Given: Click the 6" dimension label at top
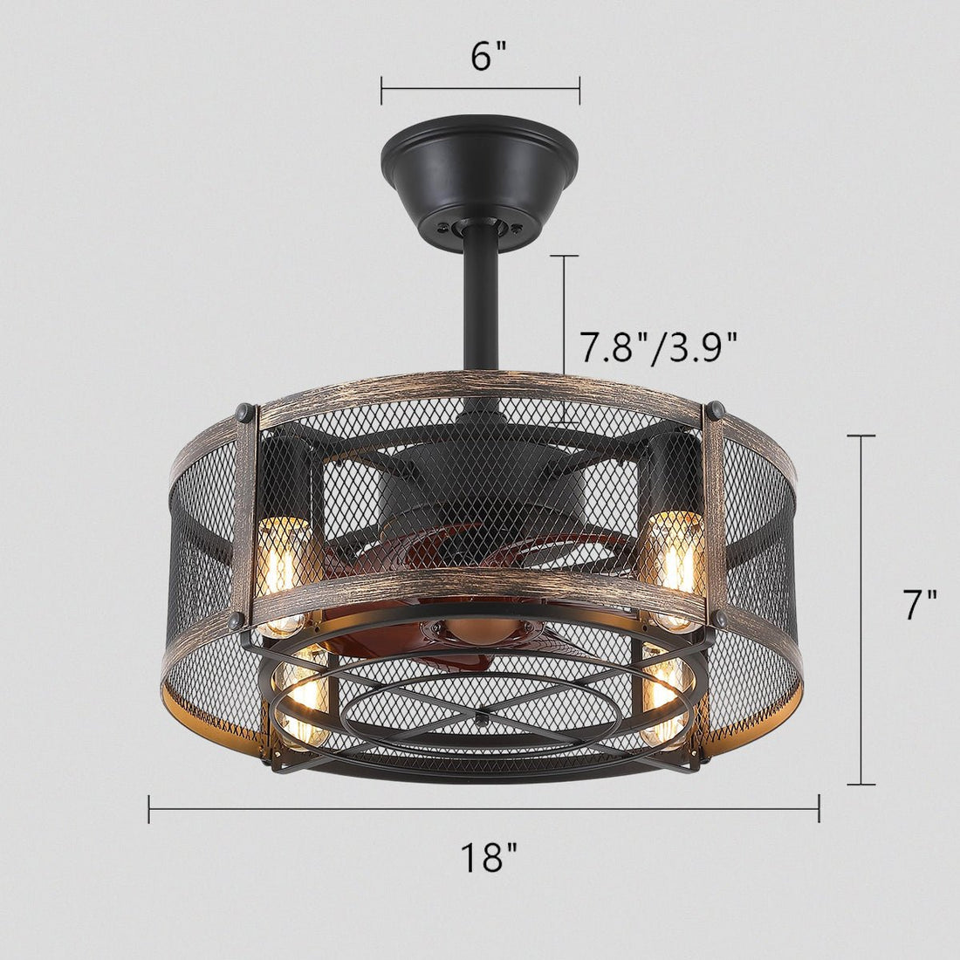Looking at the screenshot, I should (x=488, y=58).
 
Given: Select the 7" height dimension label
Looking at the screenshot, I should (x=918, y=605).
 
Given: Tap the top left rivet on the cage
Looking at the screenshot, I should (x=243, y=409).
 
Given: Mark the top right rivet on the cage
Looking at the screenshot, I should (x=717, y=408).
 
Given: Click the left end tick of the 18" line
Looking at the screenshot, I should (x=149, y=809).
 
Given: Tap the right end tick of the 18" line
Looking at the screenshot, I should (x=819, y=809).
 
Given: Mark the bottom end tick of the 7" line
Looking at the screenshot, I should (x=861, y=785).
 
